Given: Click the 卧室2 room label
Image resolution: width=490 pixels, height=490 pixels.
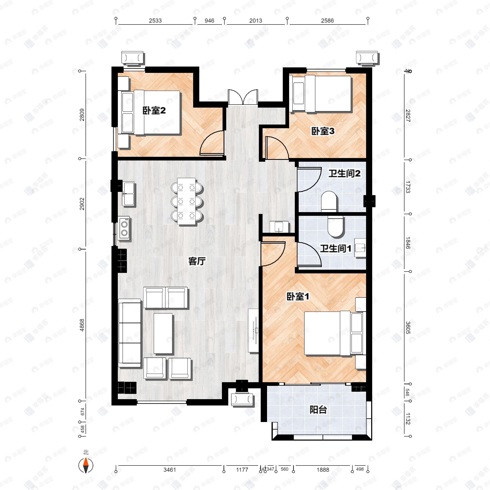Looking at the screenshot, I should (154, 111).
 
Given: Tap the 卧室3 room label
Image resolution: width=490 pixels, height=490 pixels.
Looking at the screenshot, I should (323, 131).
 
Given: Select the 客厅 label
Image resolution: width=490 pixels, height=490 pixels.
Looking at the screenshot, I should (197, 261).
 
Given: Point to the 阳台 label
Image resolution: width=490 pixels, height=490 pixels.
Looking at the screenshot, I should (318, 410).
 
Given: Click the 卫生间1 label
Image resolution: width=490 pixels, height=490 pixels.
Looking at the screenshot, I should (335, 248).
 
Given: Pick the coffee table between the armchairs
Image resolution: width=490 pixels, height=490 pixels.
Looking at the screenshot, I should (163, 334).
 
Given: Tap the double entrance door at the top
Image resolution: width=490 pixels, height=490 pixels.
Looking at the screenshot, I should (243, 97).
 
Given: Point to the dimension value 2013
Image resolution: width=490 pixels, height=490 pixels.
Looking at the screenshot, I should (255, 21).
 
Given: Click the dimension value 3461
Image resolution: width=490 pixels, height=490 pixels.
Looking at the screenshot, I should (169, 470).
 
